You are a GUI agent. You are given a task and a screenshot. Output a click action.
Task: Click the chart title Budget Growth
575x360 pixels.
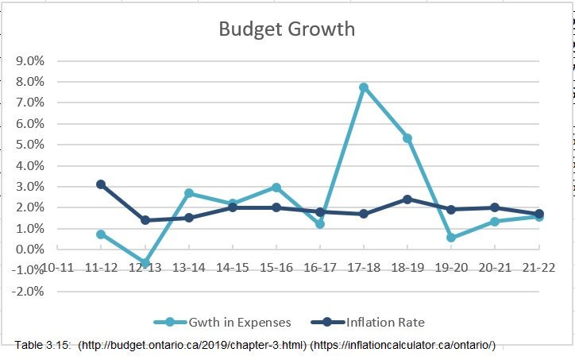point(287,29)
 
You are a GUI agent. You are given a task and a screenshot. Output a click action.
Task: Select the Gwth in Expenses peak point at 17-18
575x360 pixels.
point(364,87)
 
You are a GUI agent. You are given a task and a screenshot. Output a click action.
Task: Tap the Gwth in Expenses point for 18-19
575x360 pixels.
point(407,138)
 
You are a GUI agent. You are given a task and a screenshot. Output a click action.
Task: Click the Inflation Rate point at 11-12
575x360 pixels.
point(101,184)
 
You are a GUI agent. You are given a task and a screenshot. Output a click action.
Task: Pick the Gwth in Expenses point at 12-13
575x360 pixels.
point(145,263)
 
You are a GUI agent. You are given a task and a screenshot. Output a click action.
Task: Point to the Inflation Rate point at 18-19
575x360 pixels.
point(407,199)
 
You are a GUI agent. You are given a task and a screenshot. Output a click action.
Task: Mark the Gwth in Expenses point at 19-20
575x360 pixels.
point(451,238)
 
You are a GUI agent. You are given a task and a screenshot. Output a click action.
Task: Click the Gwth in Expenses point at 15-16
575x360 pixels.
point(276,188)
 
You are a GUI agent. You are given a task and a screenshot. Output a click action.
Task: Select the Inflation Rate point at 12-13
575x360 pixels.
point(145,220)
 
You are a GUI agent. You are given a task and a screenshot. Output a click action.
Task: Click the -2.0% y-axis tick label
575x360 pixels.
point(26,291)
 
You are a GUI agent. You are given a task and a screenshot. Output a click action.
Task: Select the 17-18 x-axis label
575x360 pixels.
point(364,267)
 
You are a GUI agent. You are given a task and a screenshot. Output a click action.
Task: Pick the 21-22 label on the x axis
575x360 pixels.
point(538,267)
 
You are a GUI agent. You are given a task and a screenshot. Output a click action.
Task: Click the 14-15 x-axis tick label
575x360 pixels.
point(233,267)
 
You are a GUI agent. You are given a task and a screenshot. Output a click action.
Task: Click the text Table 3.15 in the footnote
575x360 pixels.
point(41,344)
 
